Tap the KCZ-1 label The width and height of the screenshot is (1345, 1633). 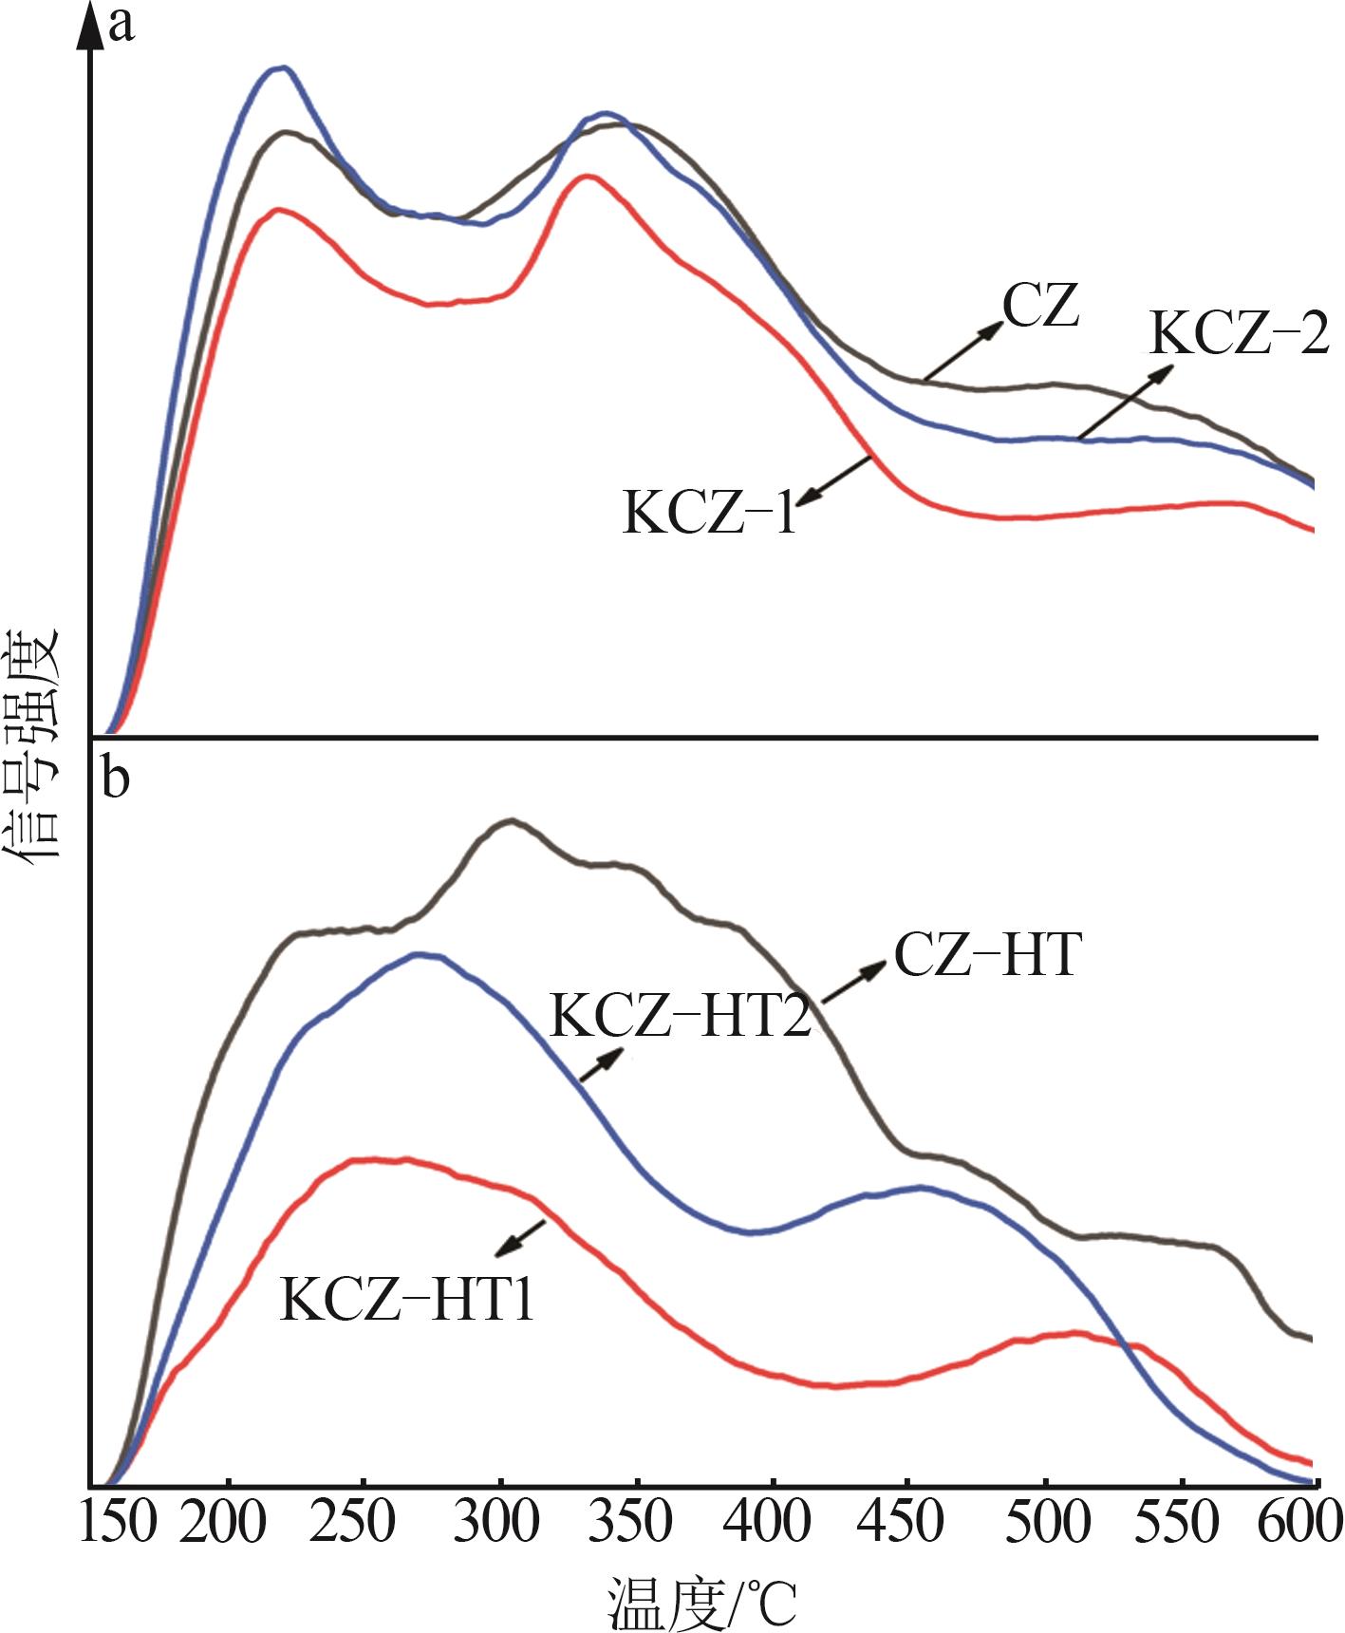click(709, 513)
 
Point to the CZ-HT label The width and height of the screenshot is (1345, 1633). click(987, 955)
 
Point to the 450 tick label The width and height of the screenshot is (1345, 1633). click(907, 1522)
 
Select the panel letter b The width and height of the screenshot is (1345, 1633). click(116, 780)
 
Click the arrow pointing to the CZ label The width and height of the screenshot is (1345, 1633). click(964, 350)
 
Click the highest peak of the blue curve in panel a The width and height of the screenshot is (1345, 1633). click(280, 67)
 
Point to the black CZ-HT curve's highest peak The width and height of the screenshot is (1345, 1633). click(512, 820)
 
